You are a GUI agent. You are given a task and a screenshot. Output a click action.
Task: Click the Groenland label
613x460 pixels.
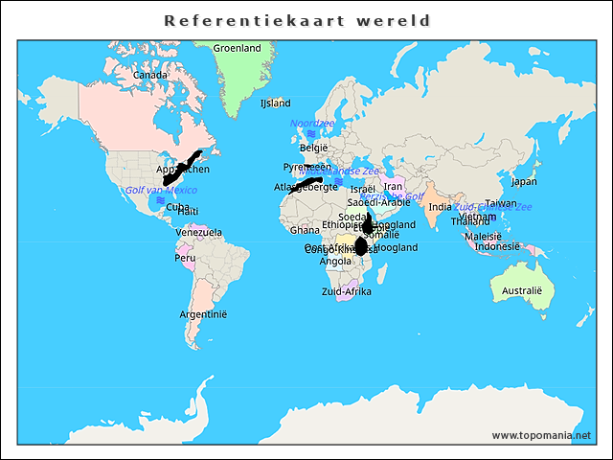pos(237,48)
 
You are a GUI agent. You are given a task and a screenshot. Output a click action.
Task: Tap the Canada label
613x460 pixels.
pos(150,75)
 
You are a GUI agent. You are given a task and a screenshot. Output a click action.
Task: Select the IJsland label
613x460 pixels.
pos(275,103)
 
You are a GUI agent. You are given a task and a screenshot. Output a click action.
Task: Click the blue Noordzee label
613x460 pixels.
pos(312,124)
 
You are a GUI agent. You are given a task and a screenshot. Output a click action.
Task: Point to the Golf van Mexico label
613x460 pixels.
pos(161,191)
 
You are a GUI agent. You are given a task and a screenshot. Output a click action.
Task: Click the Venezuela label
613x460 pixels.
pos(198,232)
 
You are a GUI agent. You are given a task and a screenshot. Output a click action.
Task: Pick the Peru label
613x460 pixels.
pos(184,258)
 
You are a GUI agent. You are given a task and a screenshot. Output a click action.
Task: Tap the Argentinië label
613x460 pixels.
pos(203,314)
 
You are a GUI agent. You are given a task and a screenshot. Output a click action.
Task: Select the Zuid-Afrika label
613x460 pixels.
pos(347,291)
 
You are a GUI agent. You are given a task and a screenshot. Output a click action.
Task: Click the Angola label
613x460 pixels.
pos(335,261)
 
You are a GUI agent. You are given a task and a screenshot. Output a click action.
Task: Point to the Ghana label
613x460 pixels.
pos(305,230)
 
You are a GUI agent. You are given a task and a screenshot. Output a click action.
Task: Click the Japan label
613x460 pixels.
pos(524,181)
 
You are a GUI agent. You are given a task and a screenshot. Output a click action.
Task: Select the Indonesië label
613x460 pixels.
pos(497,246)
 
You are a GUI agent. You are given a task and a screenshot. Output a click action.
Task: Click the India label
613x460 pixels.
pos(440,207)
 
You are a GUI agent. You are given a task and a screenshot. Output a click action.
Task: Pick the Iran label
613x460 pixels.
pos(393,187)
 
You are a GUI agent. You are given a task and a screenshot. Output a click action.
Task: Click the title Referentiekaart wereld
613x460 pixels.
pos(297,20)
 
